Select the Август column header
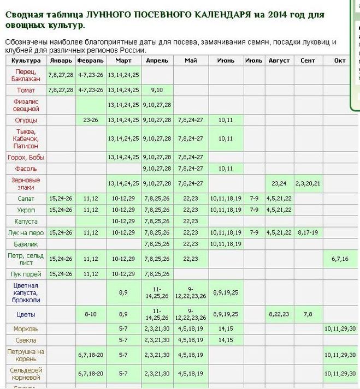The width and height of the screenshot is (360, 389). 279,61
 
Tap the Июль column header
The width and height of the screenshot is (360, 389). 253,61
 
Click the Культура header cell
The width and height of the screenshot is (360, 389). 26,61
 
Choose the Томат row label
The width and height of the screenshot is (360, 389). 26,89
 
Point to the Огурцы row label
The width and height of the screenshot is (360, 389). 26,119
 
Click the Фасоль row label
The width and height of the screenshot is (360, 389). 26,169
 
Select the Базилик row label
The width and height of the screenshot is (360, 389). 26,243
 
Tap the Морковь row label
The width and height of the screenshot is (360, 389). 26,328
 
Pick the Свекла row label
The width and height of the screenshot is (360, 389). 26,340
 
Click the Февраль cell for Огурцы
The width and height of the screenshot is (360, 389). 90,119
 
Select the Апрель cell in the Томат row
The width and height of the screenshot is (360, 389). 157,89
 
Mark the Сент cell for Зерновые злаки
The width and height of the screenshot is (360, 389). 308,183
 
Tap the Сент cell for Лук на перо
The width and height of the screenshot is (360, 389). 308,232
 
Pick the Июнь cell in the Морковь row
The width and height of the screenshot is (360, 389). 226,328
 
